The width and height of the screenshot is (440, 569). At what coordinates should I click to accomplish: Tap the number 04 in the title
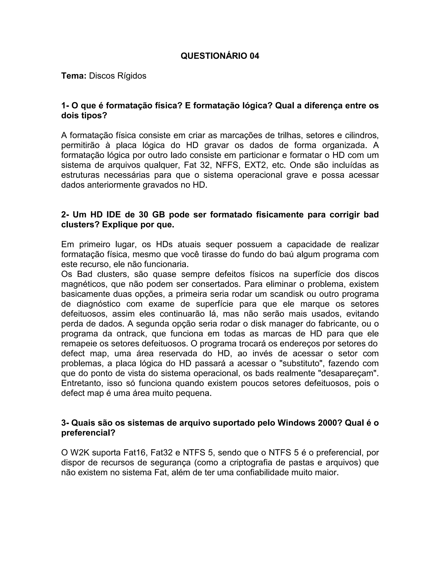254,56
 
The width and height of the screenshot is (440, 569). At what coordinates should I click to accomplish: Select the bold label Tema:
74,76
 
